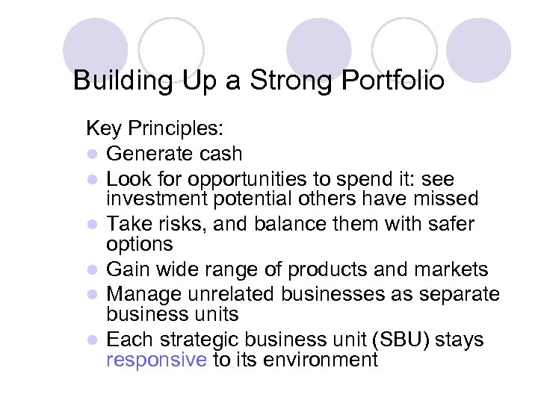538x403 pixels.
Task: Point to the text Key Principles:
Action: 154,128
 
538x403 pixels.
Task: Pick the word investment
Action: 158,199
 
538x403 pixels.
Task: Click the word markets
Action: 455,269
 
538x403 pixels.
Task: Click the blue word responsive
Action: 155,360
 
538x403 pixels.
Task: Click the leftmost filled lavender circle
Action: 95,49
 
